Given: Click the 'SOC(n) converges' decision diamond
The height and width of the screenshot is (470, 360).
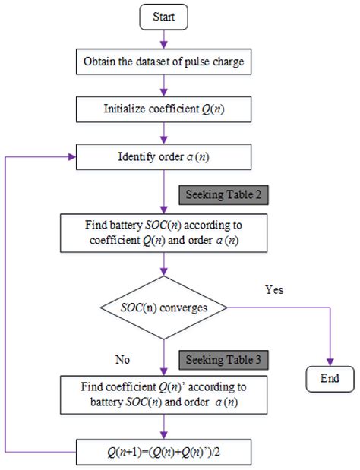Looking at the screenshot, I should [164, 309].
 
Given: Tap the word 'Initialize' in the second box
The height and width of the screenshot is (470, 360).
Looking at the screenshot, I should [126, 109].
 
